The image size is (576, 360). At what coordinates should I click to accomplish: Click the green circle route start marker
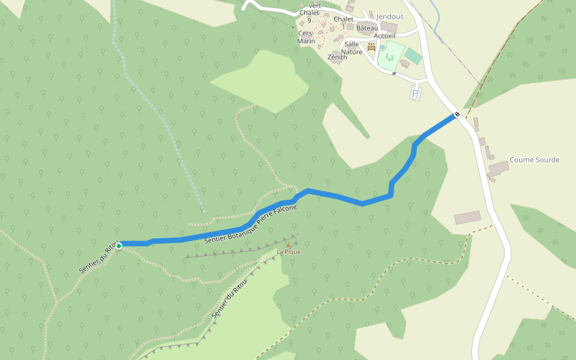pos(119,246)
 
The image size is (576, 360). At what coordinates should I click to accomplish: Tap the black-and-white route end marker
pos(457,114)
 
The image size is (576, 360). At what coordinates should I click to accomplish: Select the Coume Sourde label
pos(534,160)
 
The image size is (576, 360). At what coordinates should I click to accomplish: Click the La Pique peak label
pos(289,252)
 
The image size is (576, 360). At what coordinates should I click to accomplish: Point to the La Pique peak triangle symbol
pos(289,245)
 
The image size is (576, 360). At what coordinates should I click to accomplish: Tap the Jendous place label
pos(390,17)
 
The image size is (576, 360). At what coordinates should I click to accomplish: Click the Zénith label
pos(337,57)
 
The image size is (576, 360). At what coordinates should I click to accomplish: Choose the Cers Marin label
pos(306,37)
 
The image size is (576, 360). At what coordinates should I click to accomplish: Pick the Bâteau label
pos(367,28)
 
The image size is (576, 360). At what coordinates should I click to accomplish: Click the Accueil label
pos(384,36)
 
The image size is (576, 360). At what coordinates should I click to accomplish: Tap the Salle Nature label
pos(352,48)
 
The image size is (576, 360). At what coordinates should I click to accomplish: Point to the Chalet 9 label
pos(309,16)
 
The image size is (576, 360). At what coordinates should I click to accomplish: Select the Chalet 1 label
pos(344,22)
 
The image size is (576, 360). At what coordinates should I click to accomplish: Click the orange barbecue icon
pos(371,46)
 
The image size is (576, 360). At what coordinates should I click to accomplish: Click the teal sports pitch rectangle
pos(413,56)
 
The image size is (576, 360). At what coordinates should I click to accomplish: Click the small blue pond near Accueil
pos(382,47)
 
